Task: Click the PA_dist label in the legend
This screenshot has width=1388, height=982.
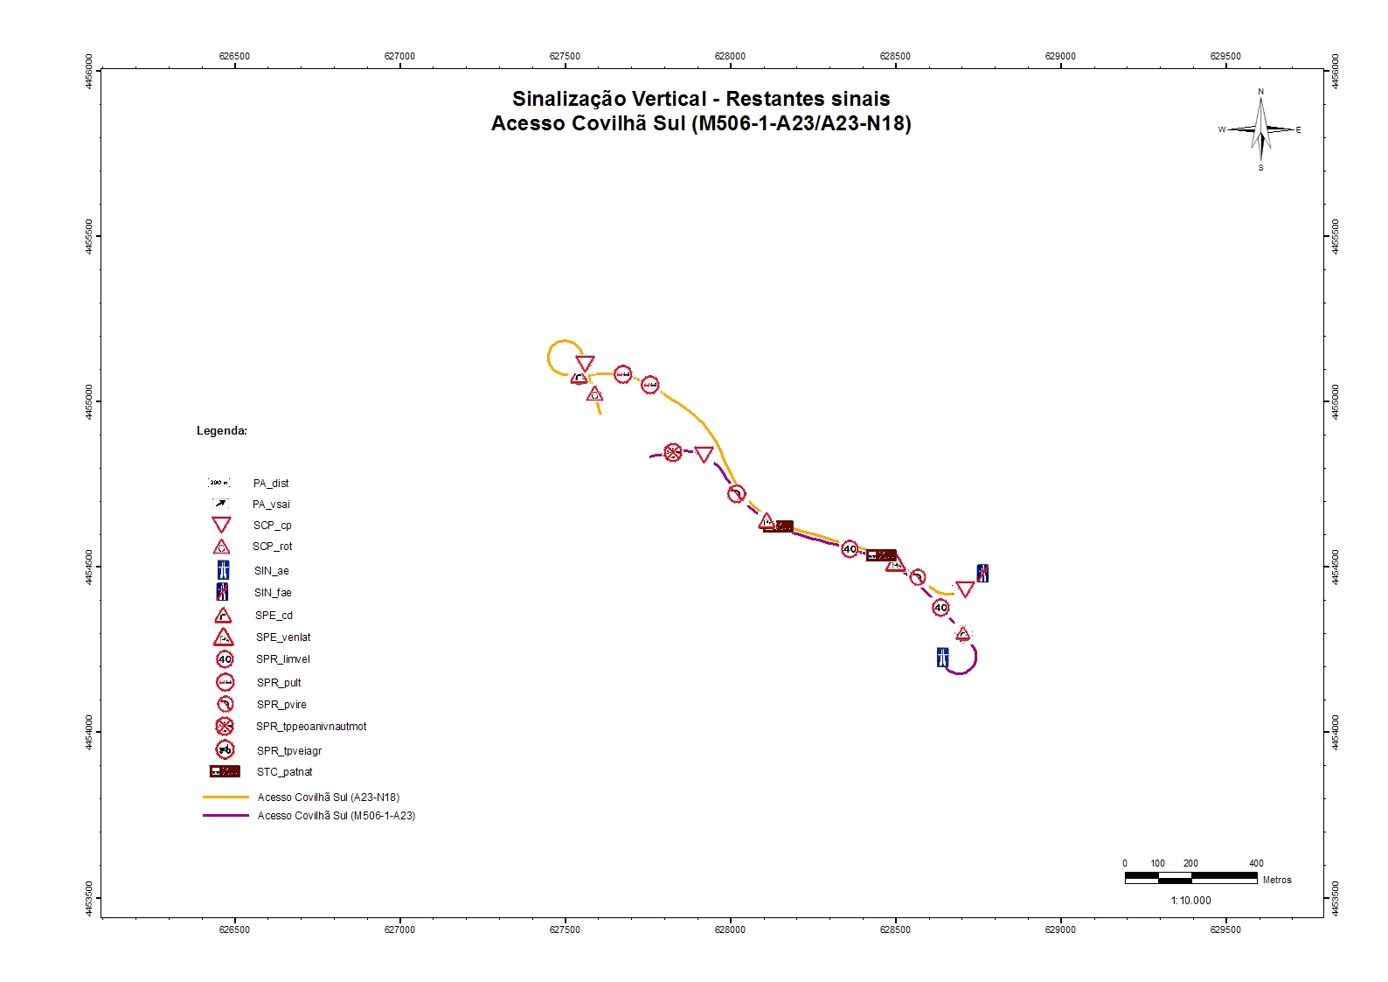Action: pos(271,484)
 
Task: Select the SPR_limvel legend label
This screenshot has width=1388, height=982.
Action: pos(282,659)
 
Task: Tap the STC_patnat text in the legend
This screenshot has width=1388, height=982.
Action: pos(284,772)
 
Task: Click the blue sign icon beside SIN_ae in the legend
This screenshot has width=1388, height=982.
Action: pos(223,570)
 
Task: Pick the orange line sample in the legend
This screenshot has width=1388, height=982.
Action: pos(226,797)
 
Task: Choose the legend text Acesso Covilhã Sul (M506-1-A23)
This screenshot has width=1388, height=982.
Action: pos(336,816)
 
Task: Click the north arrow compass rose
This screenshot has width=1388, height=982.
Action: pos(1260,129)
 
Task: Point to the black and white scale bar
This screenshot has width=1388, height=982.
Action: pos(1190,877)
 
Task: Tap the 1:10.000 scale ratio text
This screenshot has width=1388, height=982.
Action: pos(1190,901)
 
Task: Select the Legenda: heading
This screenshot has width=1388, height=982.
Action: pos(222,431)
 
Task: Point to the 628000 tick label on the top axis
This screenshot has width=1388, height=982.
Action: pos(730,56)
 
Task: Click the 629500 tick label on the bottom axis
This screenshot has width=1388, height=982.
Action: pos(1225,930)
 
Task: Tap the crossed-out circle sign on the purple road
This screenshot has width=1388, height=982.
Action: pos(672,453)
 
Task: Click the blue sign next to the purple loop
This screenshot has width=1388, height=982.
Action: pos(942,658)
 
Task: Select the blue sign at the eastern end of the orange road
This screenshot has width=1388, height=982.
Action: pos(982,574)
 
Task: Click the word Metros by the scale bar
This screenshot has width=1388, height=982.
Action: pos(1276,881)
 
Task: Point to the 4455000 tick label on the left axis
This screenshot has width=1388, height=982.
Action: pos(89,401)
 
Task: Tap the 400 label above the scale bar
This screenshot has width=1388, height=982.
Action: pos(1256,863)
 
